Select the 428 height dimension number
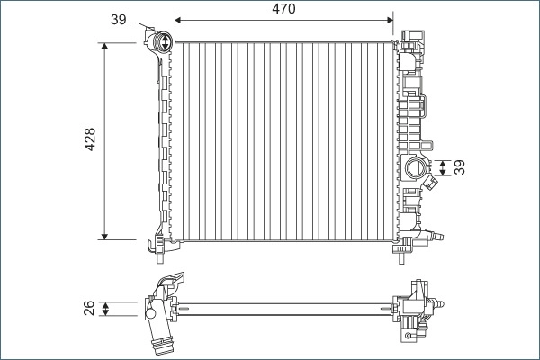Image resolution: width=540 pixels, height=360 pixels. click(x=90, y=139)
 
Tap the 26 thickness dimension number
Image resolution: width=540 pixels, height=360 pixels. click(x=90, y=310)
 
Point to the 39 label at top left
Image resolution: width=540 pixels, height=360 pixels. click(x=118, y=19)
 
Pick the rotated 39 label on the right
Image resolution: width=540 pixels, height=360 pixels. click(x=460, y=167)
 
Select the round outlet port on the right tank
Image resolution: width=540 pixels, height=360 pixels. click(x=418, y=167)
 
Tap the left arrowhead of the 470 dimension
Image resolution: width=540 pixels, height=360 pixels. click(x=178, y=18)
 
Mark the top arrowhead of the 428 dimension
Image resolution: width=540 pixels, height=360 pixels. click(x=106, y=46)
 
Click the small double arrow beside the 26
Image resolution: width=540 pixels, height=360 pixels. click(x=106, y=310)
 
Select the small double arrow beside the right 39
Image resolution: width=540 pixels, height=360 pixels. click(x=442, y=167)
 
